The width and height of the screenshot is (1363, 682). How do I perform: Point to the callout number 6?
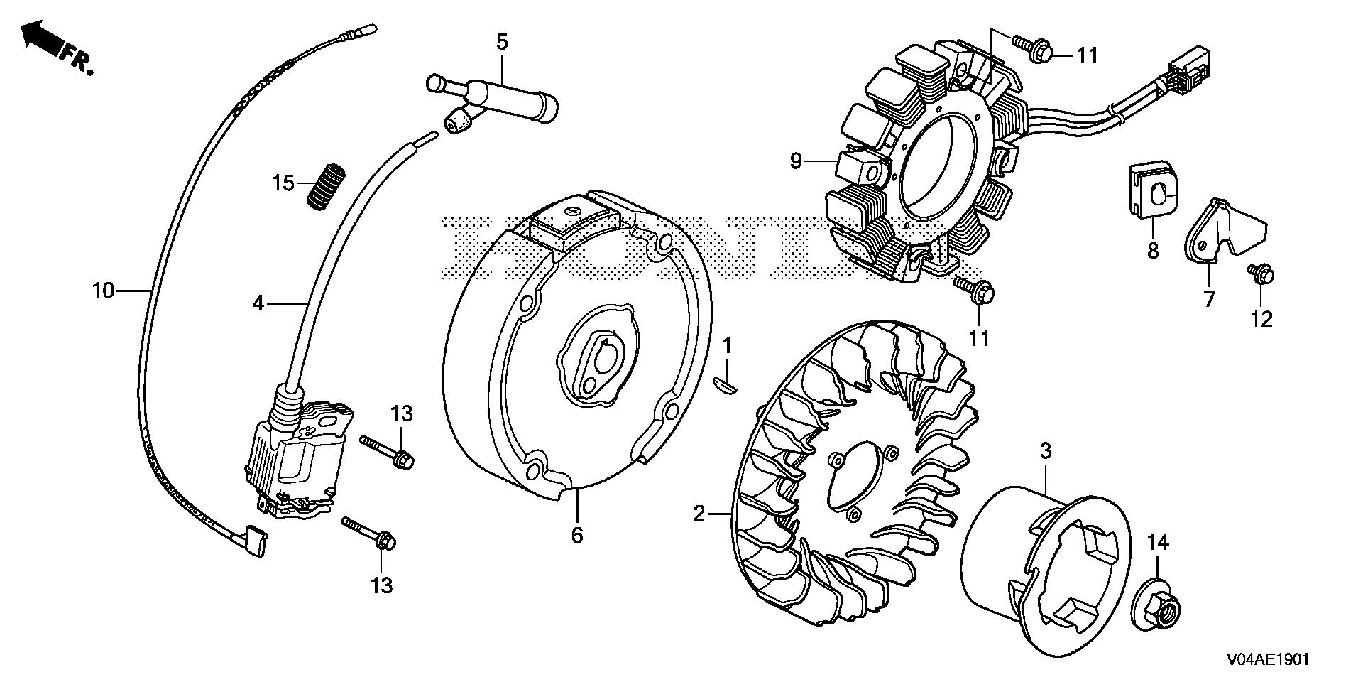pyautogui.click(x=576, y=535)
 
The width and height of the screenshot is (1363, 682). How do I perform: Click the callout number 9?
pyautogui.click(x=796, y=161)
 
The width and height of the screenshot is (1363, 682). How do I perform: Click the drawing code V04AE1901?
pyautogui.click(x=1266, y=659)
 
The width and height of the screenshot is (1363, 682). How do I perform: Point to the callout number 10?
pyautogui.click(x=103, y=290)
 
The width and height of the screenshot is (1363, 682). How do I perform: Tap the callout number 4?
pyautogui.click(x=258, y=303)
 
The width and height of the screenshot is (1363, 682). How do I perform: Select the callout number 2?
pyautogui.click(x=699, y=512)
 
